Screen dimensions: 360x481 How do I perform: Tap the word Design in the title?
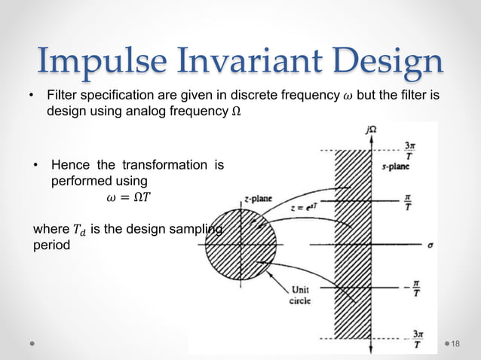click(388, 62)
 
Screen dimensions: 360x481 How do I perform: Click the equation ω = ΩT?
click(125, 198)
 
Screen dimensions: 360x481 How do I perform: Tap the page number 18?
click(455, 343)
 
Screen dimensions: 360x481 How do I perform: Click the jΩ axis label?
click(371, 130)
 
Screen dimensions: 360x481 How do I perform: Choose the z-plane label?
click(258, 199)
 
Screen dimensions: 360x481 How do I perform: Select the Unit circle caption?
click(299, 294)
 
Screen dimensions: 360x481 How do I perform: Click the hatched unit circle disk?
click(240, 245)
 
